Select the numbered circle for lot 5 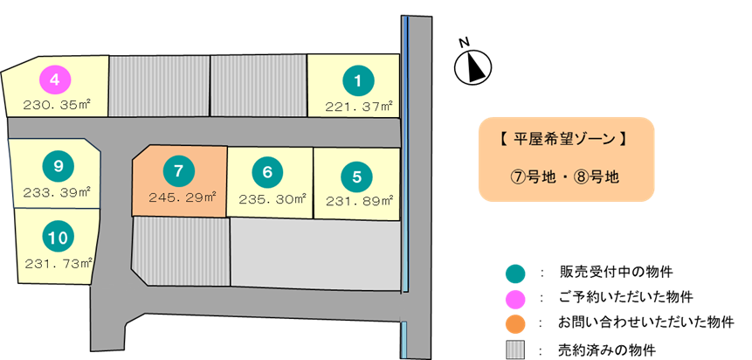[356, 176]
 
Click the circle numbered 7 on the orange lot [178, 171]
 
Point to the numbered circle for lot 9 [58, 165]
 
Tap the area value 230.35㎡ [58, 105]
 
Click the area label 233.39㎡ [57, 190]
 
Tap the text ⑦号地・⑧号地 [565, 176]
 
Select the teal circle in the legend [515, 273]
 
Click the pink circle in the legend [515, 299]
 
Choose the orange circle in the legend [515, 324]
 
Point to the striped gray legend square [515, 350]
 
